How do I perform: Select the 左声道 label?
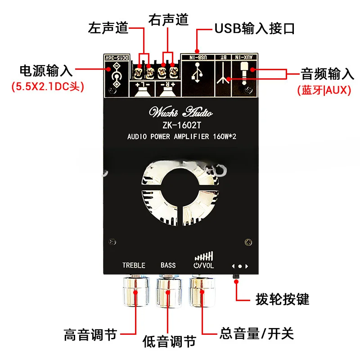pos(108,28)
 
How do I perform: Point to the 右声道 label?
pos(168,19)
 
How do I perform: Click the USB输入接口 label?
pos(255,29)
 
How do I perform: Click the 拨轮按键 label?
pos(282,298)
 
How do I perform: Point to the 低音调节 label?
pos(169,341)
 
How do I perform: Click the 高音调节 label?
pos(90,335)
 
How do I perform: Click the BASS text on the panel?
pos(168,265)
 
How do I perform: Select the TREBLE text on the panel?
pos(134,265)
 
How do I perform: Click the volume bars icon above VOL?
pos(203,256)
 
